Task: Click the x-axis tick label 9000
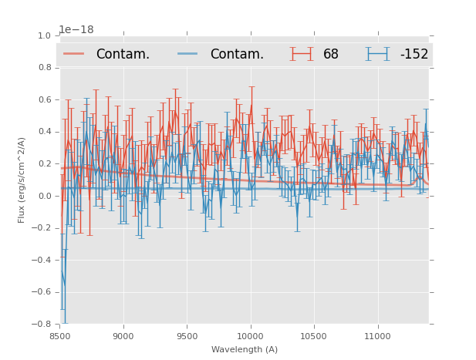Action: tap(123, 336)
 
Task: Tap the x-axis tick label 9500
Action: tap(187, 336)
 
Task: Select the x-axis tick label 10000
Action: tap(250, 336)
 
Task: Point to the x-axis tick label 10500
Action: tap(314, 336)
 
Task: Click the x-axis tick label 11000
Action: tap(377, 336)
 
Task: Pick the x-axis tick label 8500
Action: tap(60, 336)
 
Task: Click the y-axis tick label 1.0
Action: tap(44, 35)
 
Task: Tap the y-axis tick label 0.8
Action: tap(44, 68)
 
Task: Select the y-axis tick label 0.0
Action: tap(44, 196)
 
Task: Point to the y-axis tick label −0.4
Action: tap(42, 261)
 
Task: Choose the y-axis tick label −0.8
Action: tap(42, 325)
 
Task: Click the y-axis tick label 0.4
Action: tap(44, 132)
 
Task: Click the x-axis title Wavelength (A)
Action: tap(245, 349)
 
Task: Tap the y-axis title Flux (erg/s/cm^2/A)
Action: tap(22, 180)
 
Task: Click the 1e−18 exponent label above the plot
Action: tap(76, 29)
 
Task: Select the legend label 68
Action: tap(331, 54)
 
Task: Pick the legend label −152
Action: tap(414, 54)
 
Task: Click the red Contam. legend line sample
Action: tap(74, 53)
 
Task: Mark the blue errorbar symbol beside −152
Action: tap(377, 53)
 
